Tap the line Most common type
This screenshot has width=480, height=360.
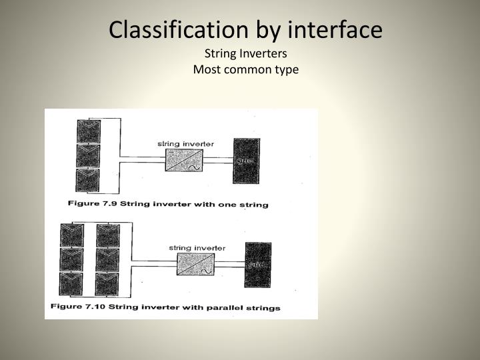tap(245, 69)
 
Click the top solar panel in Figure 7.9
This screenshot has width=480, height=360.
tap(88, 131)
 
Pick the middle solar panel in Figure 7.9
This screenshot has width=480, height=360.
tap(88, 156)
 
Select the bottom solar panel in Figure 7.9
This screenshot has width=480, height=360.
tap(88, 180)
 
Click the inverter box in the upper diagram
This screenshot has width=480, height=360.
tap(183, 161)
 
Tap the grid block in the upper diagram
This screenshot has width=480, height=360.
tap(246, 161)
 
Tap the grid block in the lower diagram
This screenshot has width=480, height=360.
tap(257, 265)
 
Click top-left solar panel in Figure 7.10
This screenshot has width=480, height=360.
tap(72, 235)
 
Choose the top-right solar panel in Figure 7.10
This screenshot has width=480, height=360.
tap(107, 235)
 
